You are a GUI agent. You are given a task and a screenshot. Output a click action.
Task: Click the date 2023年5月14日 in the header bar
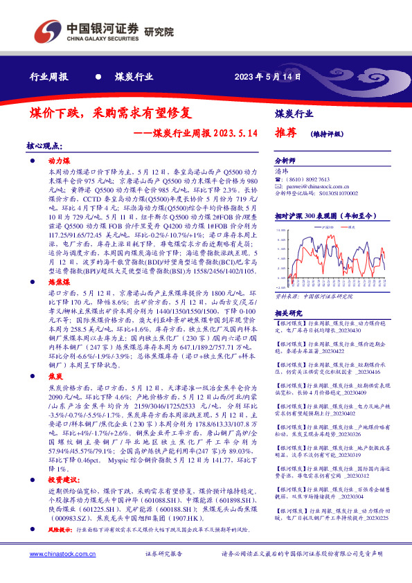pyautogui.click(x=267, y=77)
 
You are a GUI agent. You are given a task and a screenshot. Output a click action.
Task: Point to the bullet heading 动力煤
pyautogui.click(x=60, y=160)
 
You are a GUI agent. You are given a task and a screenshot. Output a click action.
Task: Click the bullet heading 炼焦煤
pyautogui.click(x=60, y=283)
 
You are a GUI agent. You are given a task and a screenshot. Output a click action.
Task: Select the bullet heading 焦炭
pyautogui.click(x=55, y=373)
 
